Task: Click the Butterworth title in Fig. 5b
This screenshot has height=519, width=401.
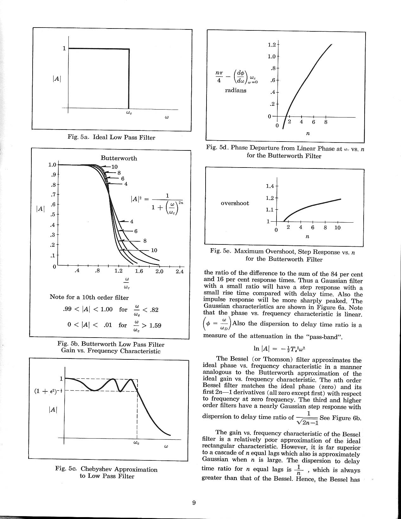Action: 119,158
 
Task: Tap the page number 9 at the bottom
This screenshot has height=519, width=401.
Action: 194,503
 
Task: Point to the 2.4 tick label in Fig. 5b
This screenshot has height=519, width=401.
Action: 179,271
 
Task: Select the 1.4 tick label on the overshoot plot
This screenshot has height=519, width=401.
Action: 271,186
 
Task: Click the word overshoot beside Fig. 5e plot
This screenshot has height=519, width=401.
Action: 235,203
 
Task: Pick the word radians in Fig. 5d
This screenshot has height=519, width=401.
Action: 235,90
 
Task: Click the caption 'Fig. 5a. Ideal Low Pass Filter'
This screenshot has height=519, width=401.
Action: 111,137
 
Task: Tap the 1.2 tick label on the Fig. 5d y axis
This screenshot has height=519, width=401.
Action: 272,45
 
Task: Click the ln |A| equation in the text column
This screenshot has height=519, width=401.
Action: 279,348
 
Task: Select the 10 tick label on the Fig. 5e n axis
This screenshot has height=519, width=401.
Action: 337,228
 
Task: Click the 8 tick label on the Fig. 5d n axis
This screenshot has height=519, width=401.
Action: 325,122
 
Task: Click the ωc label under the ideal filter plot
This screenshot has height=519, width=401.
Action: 129,112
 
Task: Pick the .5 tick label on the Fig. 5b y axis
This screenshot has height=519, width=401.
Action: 53,215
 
